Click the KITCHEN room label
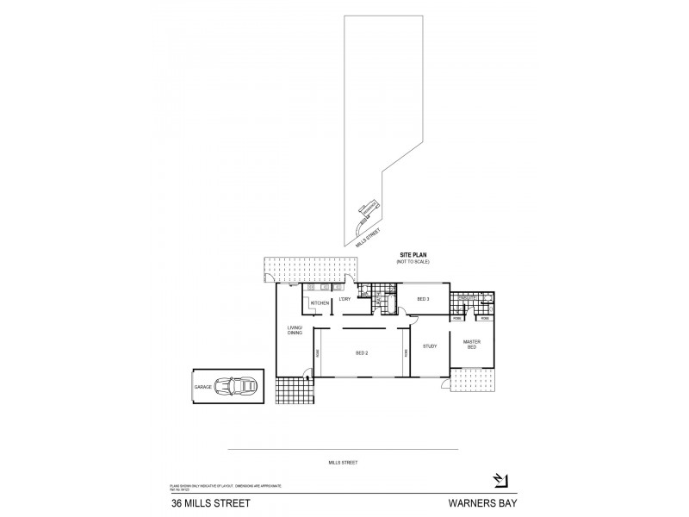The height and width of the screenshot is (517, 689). pos(320,304)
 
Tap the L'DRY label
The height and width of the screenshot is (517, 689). pos(344,299)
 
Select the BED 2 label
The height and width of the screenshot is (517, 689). pos(363,353)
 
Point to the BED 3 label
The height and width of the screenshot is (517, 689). pos(423,300)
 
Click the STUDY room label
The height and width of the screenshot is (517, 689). pos(430,346)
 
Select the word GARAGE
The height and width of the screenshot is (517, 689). pos(202,388)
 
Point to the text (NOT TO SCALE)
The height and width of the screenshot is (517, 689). pos(413,261)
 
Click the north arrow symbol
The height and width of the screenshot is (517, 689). pos(499,480)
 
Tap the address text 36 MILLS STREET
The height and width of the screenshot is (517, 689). pos(204,499)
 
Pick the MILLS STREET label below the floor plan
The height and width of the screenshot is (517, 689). pos(343,463)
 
